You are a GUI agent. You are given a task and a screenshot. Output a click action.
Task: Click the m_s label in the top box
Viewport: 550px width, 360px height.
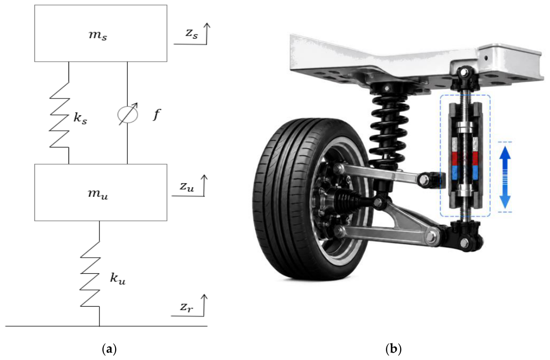[97, 36]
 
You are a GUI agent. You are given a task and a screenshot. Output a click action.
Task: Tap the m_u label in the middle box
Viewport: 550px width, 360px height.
[97, 194]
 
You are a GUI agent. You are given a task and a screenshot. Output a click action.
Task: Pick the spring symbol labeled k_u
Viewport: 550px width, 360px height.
[91, 274]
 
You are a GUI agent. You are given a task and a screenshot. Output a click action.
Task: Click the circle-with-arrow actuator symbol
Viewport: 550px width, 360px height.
[128, 114]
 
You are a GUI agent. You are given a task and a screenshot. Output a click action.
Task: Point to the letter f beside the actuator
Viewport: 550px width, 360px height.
[157, 115]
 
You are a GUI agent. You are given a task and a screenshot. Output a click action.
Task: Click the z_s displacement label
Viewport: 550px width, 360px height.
[192, 33]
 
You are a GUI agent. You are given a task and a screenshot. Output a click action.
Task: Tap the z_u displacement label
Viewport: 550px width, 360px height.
[187, 186]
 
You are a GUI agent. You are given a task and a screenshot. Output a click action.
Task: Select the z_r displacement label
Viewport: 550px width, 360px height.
[186, 307]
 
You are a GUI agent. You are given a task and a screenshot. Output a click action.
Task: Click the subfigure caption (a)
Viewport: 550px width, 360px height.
[109, 349]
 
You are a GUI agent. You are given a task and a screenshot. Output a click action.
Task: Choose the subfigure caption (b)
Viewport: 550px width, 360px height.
[393, 349]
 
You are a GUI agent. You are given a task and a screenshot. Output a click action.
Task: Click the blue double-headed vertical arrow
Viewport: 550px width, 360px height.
[505, 177]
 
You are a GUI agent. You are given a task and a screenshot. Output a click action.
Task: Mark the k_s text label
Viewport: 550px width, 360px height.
[80, 118]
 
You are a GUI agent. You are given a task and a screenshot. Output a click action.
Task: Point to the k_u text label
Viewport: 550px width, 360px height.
[118, 278]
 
